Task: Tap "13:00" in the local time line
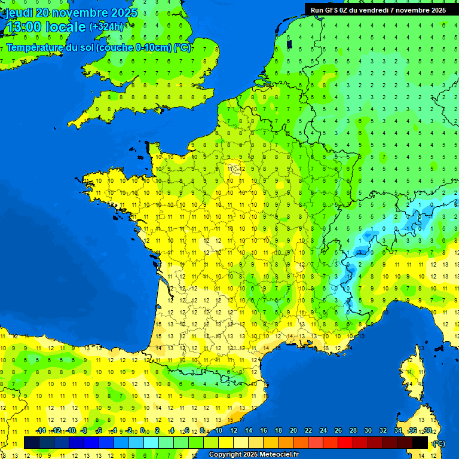point(24,27)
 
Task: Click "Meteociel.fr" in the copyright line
point(279,455)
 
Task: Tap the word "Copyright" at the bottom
point(225,455)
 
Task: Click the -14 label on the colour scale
point(41,430)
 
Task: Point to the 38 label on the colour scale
point(428,430)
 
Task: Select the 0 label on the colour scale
point(142,430)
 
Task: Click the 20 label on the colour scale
point(293,430)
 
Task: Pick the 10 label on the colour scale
point(218,430)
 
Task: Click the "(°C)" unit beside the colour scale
point(439,443)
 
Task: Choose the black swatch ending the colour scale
point(420,442)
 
